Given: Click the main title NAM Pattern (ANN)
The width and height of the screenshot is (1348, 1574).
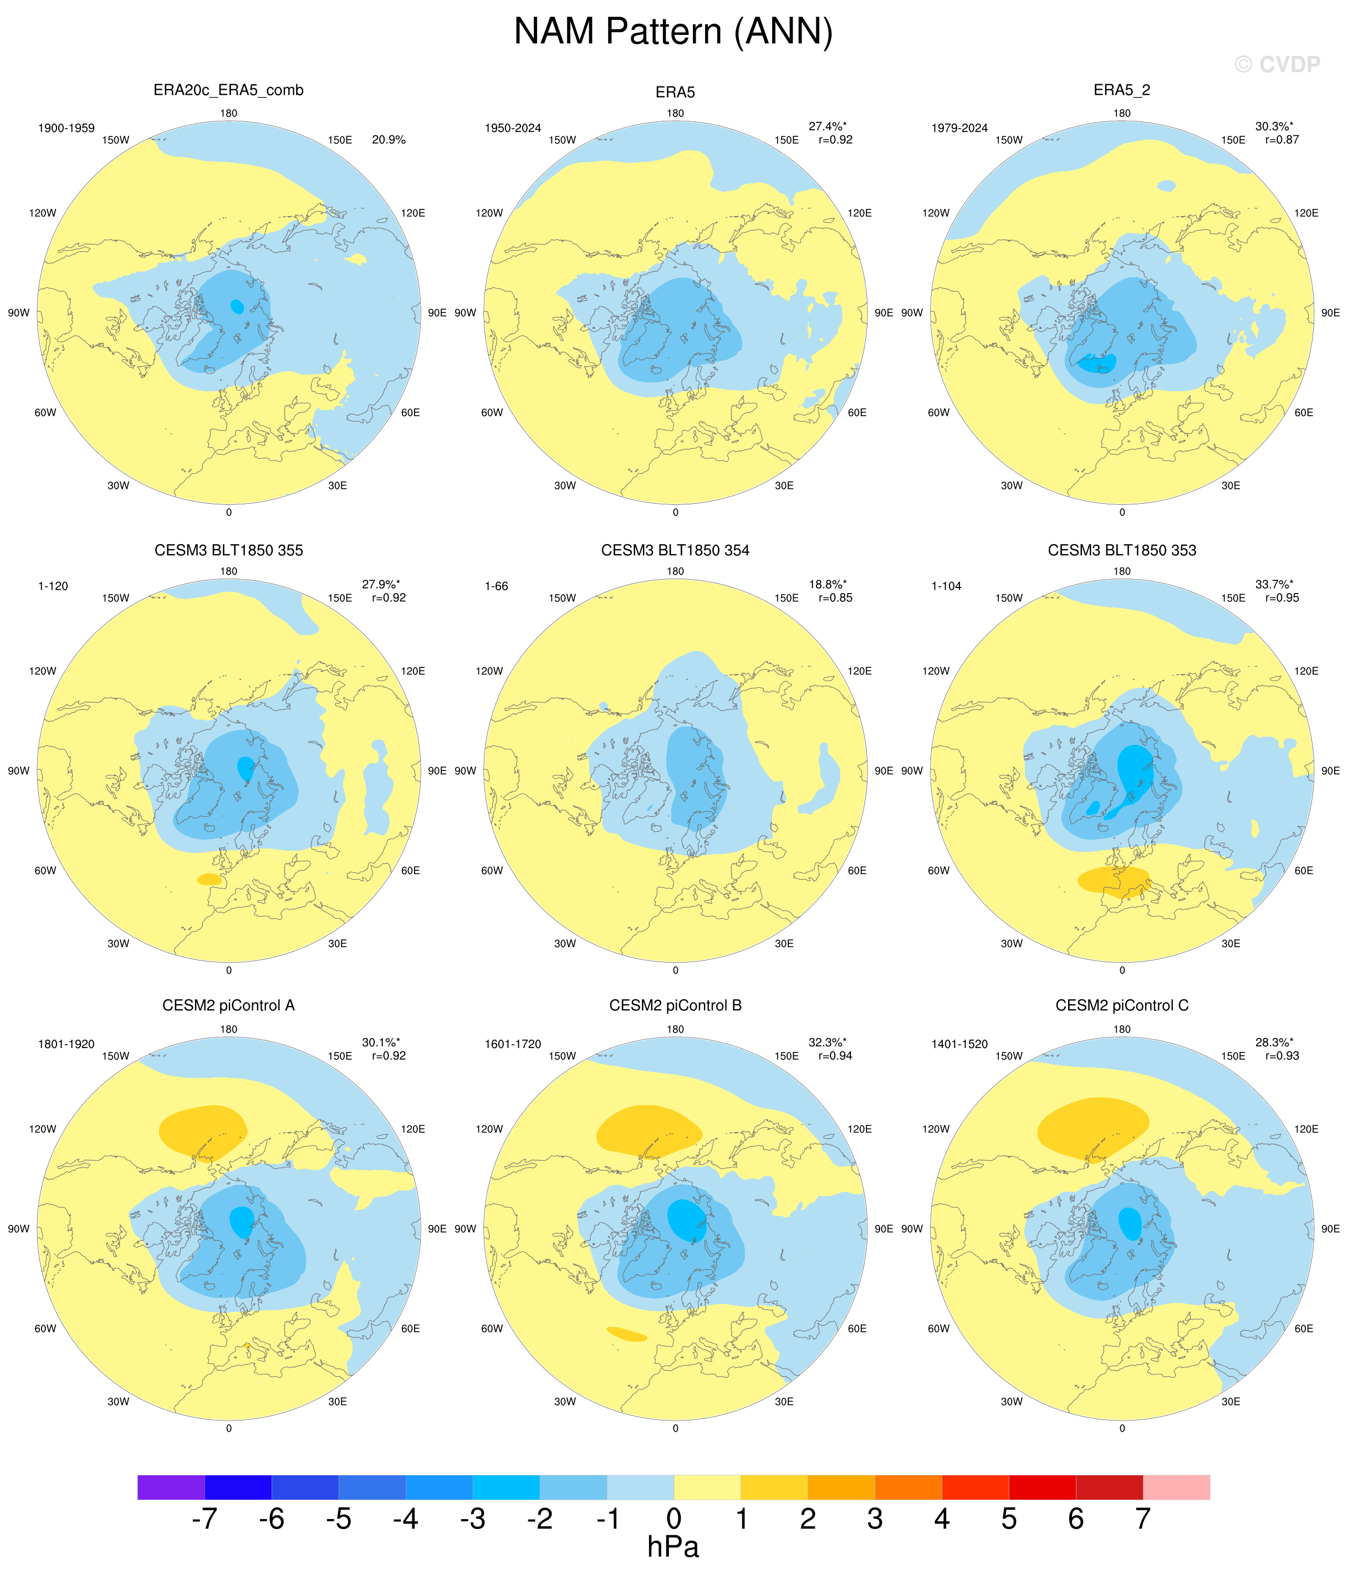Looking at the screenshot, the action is click(x=673, y=33).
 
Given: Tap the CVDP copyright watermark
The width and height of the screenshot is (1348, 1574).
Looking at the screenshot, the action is click(x=1278, y=65).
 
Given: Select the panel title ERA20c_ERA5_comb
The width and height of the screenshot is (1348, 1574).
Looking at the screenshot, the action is click(x=229, y=90).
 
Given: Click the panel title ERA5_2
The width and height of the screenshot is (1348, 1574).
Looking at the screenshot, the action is click(x=1121, y=90).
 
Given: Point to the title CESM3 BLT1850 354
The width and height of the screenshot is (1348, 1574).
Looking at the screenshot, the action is click(x=675, y=550).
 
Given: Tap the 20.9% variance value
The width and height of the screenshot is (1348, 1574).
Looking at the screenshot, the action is click(x=389, y=140).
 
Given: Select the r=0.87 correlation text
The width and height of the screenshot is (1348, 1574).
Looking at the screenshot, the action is click(x=1282, y=140).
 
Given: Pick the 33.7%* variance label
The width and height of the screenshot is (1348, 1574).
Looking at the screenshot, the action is click(x=1274, y=584).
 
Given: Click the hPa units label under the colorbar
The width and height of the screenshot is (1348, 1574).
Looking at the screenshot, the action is click(x=673, y=1547).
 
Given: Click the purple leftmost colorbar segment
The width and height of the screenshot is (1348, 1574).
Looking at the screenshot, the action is click(x=171, y=1486).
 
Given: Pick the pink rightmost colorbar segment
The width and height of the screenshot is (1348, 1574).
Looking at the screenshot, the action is click(x=1176, y=1486).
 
